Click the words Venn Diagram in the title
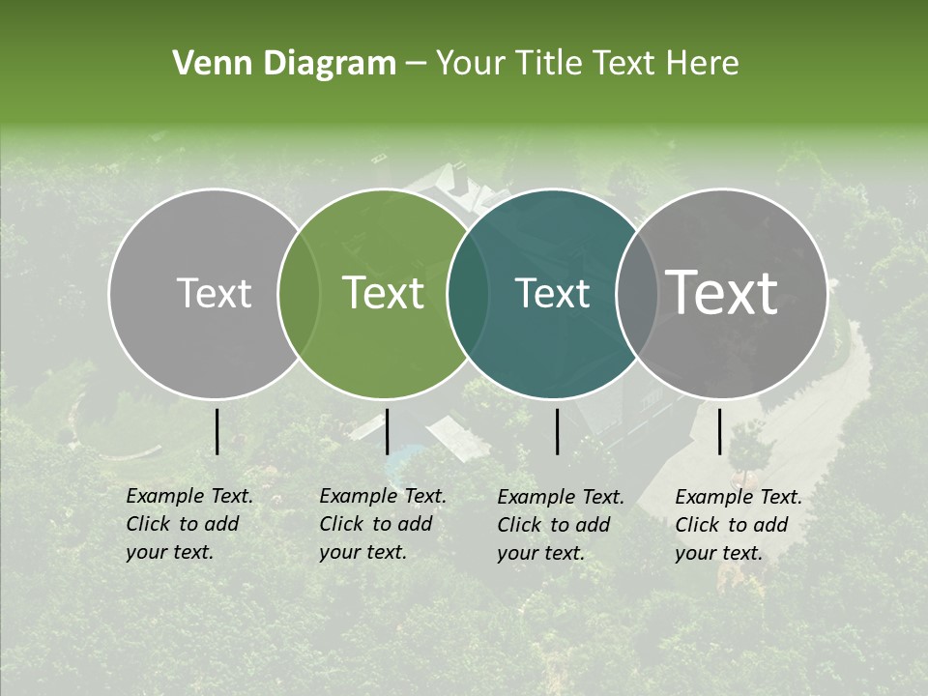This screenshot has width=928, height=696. coord(284,64)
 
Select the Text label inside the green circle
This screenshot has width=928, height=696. coord(383,293)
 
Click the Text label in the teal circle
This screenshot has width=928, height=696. coord(552,293)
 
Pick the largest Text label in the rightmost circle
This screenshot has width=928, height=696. coord(722,293)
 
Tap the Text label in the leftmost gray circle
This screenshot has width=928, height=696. coord(214,293)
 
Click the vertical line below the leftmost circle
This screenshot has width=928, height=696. coord(217,431)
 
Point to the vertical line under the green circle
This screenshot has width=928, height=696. coord(387,431)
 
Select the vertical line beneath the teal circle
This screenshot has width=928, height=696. coord(557,431)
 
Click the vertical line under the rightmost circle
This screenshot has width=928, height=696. coord(720,431)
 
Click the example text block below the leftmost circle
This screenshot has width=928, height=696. coord(188,524)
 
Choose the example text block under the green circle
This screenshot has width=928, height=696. coord(382,524)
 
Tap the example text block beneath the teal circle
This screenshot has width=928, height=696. coord(560,525)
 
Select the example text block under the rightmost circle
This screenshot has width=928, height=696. coord(738,525)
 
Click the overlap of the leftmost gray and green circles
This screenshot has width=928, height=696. coord(299,293)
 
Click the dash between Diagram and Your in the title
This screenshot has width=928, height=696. coord(415,64)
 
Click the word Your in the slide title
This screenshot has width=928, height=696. coord(470,64)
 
